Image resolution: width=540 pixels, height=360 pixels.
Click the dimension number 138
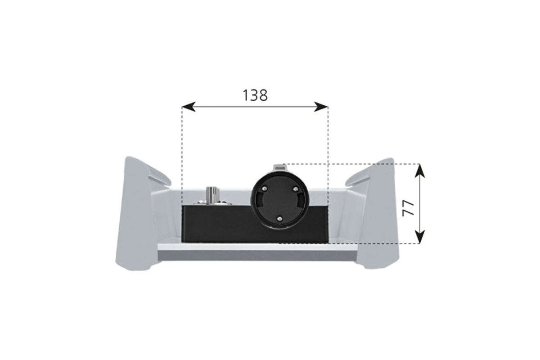click(x=255, y=95)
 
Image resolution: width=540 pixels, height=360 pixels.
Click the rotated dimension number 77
click(x=408, y=208)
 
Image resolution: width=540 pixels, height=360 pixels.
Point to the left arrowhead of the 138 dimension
click(x=189, y=107)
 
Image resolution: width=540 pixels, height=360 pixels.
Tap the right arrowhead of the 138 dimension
click(x=321, y=107)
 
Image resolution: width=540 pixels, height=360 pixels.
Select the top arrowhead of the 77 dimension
click(x=420, y=171)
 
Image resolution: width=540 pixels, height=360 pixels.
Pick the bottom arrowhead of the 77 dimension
click(x=420, y=237)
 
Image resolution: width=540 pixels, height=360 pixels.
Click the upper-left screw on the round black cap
click(x=265, y=189)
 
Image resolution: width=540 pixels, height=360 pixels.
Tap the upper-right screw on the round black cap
click(x=296, y=189)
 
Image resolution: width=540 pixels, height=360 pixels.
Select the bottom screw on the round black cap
click(x=279, y=218)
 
